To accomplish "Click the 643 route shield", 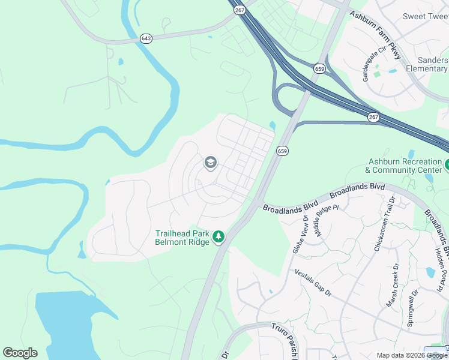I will pos(146,38).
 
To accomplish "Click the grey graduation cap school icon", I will pos(210,162).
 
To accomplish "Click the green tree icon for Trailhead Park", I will pos(220,237).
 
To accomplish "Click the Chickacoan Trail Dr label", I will pos(383,223).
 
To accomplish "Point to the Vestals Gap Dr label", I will pos(313,282).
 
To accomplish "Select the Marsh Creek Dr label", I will pos(393,286).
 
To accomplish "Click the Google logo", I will pos(20,352).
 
